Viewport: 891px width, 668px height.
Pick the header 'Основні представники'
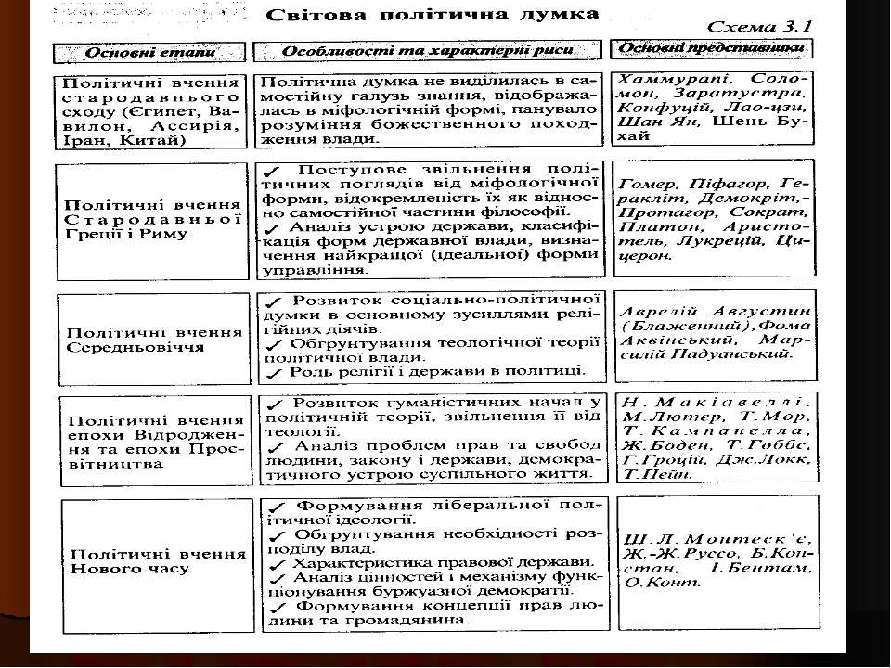[710, 48]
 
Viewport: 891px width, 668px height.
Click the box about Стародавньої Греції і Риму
[151, 217]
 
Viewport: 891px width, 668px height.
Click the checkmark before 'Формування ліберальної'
[274, 507]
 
